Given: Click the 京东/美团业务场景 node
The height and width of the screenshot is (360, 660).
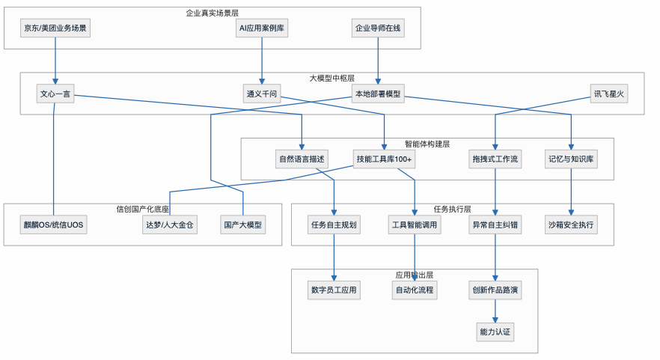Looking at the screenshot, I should point(55,29).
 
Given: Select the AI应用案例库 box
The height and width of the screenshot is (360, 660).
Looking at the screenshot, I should point(261,29).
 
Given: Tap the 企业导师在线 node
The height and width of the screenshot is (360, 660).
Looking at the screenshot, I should point(378,29).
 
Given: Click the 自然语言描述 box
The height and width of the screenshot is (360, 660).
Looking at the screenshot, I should point(302,159).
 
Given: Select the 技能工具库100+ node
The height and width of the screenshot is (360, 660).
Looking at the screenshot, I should point(385,159).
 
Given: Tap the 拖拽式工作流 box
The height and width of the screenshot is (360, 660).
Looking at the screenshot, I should point(495,159).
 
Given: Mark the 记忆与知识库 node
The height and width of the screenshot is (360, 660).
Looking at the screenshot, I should point(572,159).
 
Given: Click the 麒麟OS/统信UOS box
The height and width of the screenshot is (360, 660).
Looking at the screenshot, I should point(53,225).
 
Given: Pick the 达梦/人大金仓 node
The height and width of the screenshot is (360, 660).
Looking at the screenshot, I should point(170,225).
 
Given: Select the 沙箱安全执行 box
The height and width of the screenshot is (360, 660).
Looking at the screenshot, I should point(572,225).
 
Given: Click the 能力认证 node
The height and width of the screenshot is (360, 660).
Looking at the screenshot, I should point(495,331).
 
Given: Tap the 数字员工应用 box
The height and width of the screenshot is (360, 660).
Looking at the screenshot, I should point(334,290).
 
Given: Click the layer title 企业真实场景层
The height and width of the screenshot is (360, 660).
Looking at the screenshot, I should point(213,13).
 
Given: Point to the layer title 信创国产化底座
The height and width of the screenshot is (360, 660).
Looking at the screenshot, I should point(142,209).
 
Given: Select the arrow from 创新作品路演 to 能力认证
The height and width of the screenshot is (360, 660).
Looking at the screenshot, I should point(495,311).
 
